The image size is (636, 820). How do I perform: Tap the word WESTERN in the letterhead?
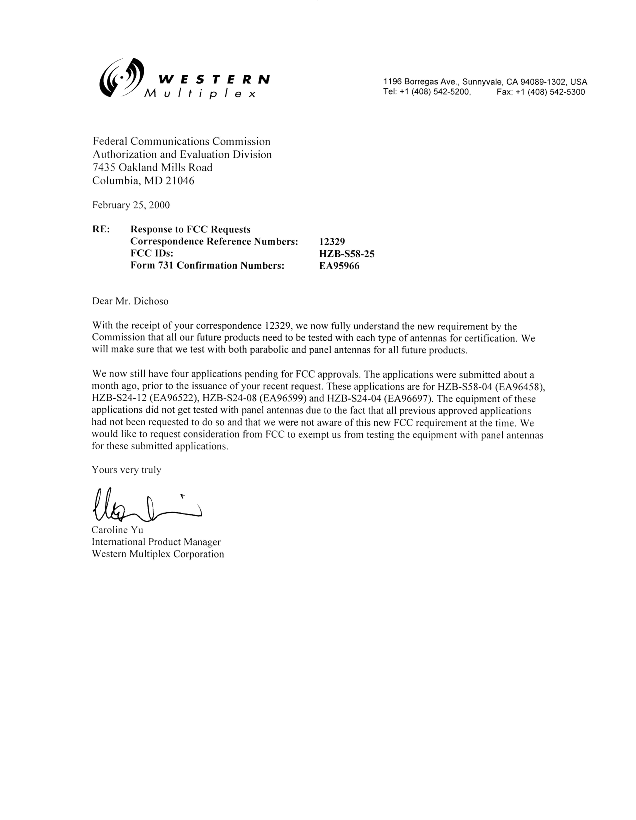click(214, 79)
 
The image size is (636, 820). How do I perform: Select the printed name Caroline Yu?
click(117, 530)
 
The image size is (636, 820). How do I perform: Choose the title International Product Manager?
click(156, 542)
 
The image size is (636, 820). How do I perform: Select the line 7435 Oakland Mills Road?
click(152, 167)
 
